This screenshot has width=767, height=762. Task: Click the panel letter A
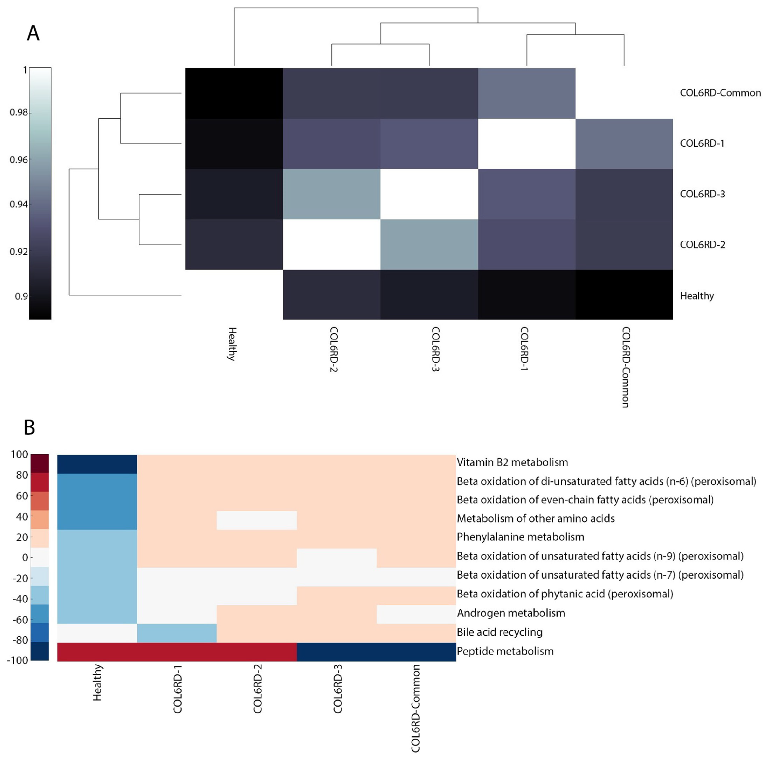coord(33,33)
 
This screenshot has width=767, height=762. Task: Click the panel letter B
coord(29,427)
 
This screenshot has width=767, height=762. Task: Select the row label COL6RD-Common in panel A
coord(720,93)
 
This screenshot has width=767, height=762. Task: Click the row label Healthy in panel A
coord(697,296)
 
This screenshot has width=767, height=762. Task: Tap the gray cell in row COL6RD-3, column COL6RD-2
coord(331,194)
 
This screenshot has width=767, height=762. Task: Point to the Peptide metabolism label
coord(505,651)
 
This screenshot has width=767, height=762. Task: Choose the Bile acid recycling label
coord(499,632)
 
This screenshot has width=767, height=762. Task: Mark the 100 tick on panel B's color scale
coord(19,454)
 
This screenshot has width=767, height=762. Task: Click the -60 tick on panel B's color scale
coord(19,620)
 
